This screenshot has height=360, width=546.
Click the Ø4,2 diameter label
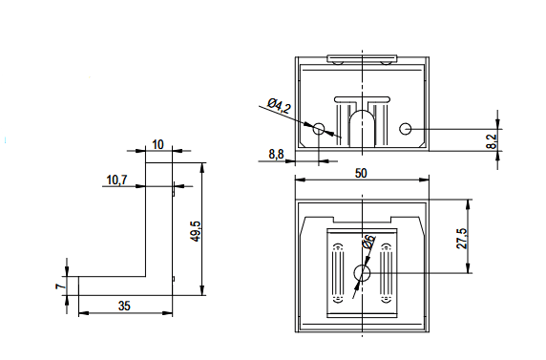point(279,106)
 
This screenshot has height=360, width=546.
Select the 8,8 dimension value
point(276,154)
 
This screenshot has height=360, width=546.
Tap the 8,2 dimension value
point(492,141)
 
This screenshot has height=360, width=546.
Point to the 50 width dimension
point(361,173)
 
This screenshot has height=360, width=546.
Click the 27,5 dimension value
point(462,239)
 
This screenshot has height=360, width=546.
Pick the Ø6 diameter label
point(368,242)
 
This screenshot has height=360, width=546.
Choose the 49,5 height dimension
point(196,231)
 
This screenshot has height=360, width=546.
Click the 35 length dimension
point(124,306)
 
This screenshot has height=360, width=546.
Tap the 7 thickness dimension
point(60,286)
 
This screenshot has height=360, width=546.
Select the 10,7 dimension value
point(117,180)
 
